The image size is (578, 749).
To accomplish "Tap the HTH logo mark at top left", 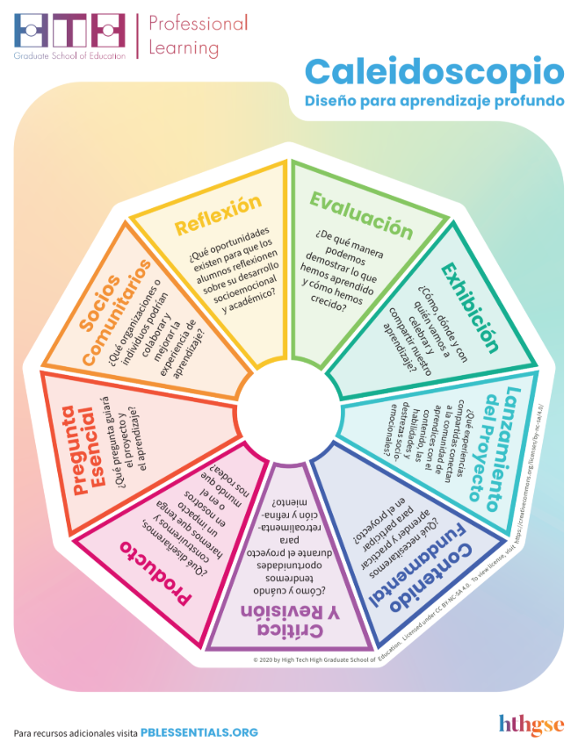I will point(69,31).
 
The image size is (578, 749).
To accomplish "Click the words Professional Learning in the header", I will point(198,34).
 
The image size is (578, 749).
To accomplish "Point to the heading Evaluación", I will point(361,214).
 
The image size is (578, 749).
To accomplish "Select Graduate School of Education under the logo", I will point(69,54).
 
